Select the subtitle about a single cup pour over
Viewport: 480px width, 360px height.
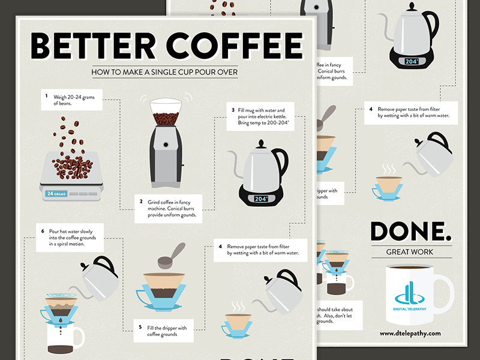[x=165, y=73]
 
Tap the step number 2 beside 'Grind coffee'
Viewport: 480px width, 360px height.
[x=140, y=202]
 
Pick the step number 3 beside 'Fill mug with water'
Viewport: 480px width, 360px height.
[x=232, y=110]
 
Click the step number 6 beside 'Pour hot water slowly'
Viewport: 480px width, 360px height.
[x=43, y=230]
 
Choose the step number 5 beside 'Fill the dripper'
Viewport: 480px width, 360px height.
[x=140, y=328]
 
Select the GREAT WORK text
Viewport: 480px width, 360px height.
[x=410, y=252]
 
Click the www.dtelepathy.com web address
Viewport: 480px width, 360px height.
[x=410, y=333]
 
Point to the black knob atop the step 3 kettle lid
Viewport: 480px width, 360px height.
[x=261, y=143]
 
